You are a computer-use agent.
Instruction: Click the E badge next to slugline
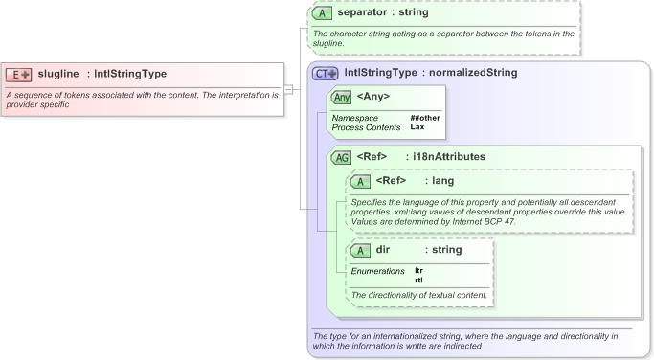(x=19, y=74)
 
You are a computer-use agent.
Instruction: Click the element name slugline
(x=58, y=74)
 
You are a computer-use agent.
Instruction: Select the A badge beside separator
(x=321, y=13)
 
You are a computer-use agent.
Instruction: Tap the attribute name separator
(x=369, y=13)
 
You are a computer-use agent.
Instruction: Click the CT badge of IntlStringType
(x=327, y=72)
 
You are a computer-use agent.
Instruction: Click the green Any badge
(x=340, y=97)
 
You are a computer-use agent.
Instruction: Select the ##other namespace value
(x=424, y=118)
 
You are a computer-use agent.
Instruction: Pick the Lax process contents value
(x=417, y=126)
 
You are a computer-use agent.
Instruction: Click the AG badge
(x=340, y=156)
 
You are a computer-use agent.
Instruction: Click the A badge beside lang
(x=361, y=181)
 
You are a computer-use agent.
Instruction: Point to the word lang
(x=443, y=181)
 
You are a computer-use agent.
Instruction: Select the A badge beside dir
(x=361, y=250)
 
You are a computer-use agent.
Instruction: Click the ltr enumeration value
(x=418, y=271)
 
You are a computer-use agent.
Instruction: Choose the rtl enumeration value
(x=418, y=280)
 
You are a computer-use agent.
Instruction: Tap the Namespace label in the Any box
(x=355, y=118)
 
